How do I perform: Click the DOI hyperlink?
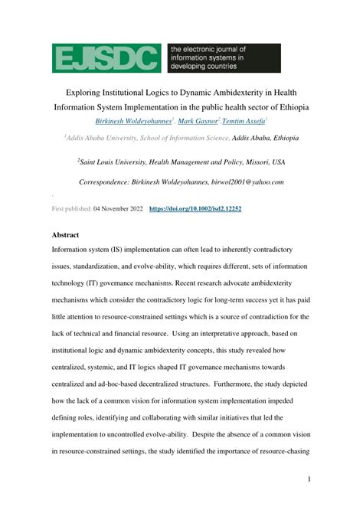[195, 208]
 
